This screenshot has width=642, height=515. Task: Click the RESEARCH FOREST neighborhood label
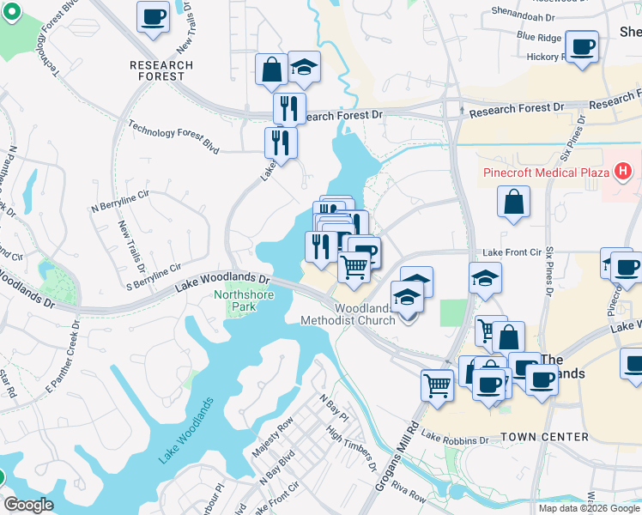157,70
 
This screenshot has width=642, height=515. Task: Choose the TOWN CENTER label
544,437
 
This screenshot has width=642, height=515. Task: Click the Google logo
29,505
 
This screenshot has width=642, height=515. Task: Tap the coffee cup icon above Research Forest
154,17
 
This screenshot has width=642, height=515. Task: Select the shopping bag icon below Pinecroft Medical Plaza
512,203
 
